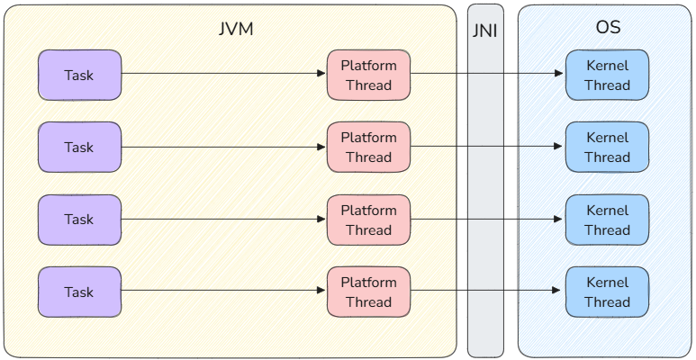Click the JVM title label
(236, 29)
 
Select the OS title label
(608, 28)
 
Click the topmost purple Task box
(79, 75)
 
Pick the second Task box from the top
(79, 147)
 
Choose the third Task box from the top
(79, 219)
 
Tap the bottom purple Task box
(79, 292)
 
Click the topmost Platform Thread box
(368, 75)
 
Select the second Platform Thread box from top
(368, 147)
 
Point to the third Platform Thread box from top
(368, 220)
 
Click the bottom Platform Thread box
(368, 292)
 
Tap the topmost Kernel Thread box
(607, 75)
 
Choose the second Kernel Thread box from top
(607, 147)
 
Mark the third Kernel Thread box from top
(607, 220)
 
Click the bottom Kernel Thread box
(607, 292)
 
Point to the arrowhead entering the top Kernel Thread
(559, 75)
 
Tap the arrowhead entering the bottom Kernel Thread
(559, 290)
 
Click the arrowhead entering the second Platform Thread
(321, 147)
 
